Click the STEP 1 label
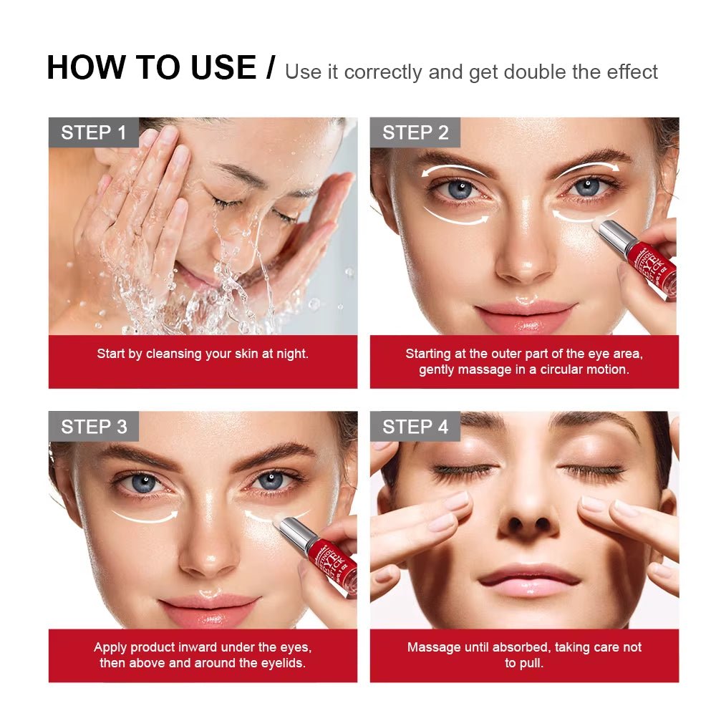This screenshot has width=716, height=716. pyautogui.click(x=93, y=132)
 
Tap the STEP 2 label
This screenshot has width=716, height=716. pyautogui.click(x=415, y=132)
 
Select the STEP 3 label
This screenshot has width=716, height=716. pyautogui.click(x=94, y=427)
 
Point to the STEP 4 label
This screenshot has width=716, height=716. pyautogui.click(x=415, y=427)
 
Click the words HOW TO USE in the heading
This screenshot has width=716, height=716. pyautogui.click(x=151, y=68)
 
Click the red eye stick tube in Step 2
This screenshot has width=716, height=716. pyautogui.click(x=648, y=264)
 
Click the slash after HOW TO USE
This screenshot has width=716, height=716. pyautogui.click(x=270, y=68)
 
